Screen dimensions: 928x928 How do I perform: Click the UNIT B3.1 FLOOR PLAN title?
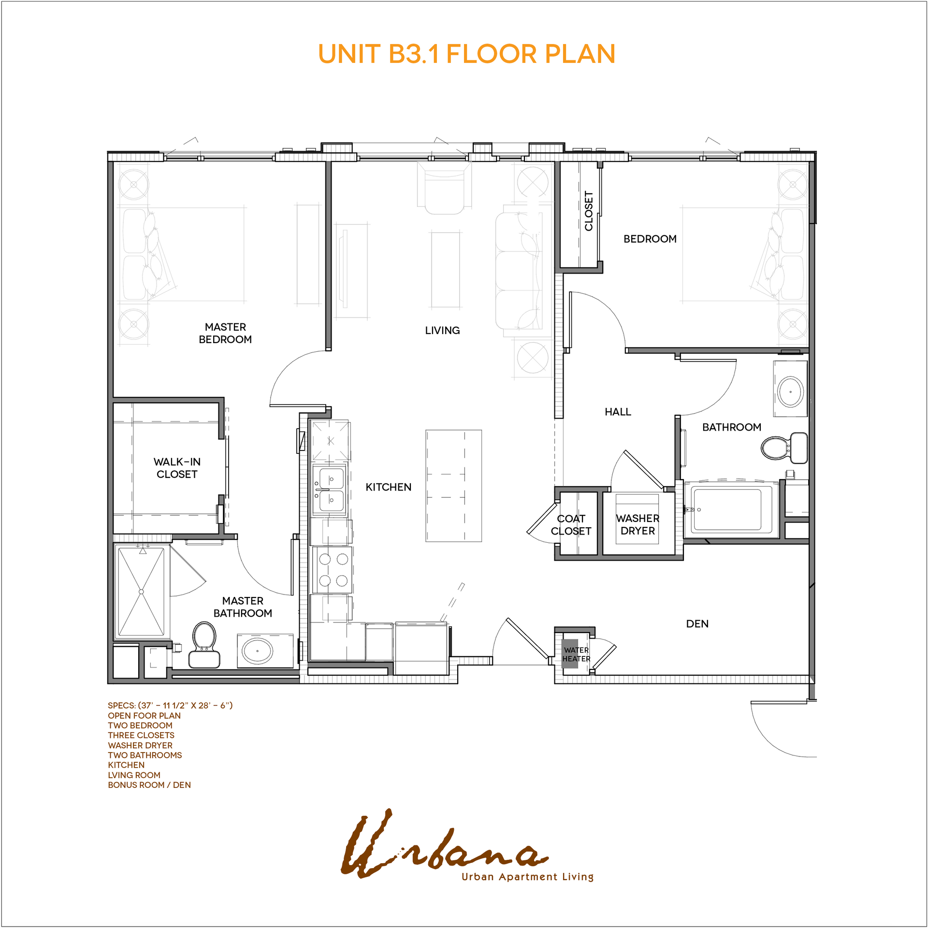click(466, 54)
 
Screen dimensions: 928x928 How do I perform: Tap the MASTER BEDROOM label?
click(225, 333)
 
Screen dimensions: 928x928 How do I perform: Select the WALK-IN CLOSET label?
click(177, 468)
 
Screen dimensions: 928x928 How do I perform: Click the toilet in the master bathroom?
click(204, 645)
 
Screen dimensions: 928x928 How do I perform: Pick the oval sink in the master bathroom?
click(258, 651)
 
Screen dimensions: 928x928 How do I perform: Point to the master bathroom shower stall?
click(141, 592)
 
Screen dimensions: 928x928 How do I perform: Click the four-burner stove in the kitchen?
click(333, 569)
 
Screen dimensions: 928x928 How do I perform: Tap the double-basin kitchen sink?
click(330, 489)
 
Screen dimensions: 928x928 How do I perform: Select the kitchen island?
click(453, 486)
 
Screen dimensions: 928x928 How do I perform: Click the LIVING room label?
click(442, 331)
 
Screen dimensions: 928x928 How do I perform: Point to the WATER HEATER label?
click(576, 654)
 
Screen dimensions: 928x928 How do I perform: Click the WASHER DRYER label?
click(638, 524)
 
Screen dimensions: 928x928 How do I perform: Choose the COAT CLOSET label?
click(571, 525)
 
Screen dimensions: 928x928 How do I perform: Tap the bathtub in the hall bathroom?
click(726, 510)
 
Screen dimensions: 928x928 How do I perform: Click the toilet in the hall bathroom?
click(784, 448)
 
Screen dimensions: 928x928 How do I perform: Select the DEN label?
click(697, 624)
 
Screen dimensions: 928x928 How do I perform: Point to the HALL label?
click(618, 412)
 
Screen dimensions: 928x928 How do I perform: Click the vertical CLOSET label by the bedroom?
click(589, 211)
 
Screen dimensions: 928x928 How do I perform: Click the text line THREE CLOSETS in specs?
click(141, 735)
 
